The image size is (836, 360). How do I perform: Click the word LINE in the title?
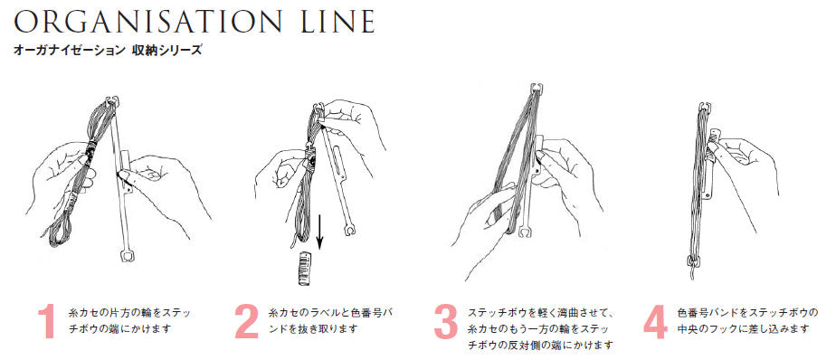[x=336, y=22]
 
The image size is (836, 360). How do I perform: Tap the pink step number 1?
[x=47, y=322]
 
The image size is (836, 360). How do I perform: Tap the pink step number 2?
[x=247, y=322]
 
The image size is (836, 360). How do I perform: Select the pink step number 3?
[x=446, y=322]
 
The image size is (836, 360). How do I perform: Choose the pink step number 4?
[x=655, y=322]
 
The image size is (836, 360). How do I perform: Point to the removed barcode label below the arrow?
[x=306, y=270]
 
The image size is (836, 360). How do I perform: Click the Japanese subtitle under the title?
[x=109, y=51]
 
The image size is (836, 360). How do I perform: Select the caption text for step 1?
[x=130, y=320]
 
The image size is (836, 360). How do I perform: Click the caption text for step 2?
[x=331, y=320]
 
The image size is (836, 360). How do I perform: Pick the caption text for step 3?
[x=542, y=328]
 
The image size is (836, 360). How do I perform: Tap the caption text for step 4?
[x=747, y=320]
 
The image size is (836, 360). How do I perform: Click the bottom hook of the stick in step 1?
[x=127, y=255]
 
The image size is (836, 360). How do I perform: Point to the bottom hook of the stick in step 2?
[x=350, y=230]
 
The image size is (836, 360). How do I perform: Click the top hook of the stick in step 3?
[x=537, y=89]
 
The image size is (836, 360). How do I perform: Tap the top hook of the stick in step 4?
[x=705, y=107]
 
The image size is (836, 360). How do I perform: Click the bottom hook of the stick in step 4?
[x=691, y=261]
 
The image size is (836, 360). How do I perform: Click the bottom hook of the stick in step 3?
[x=524, y=231]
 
